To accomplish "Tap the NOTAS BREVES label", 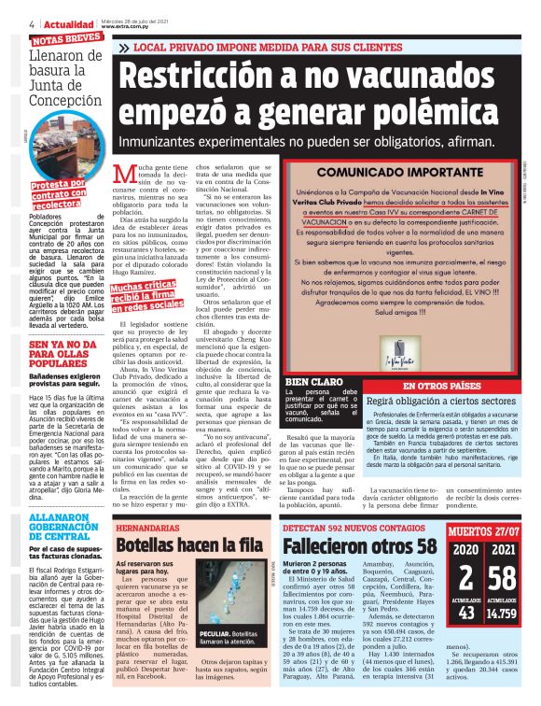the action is point(66,38).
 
